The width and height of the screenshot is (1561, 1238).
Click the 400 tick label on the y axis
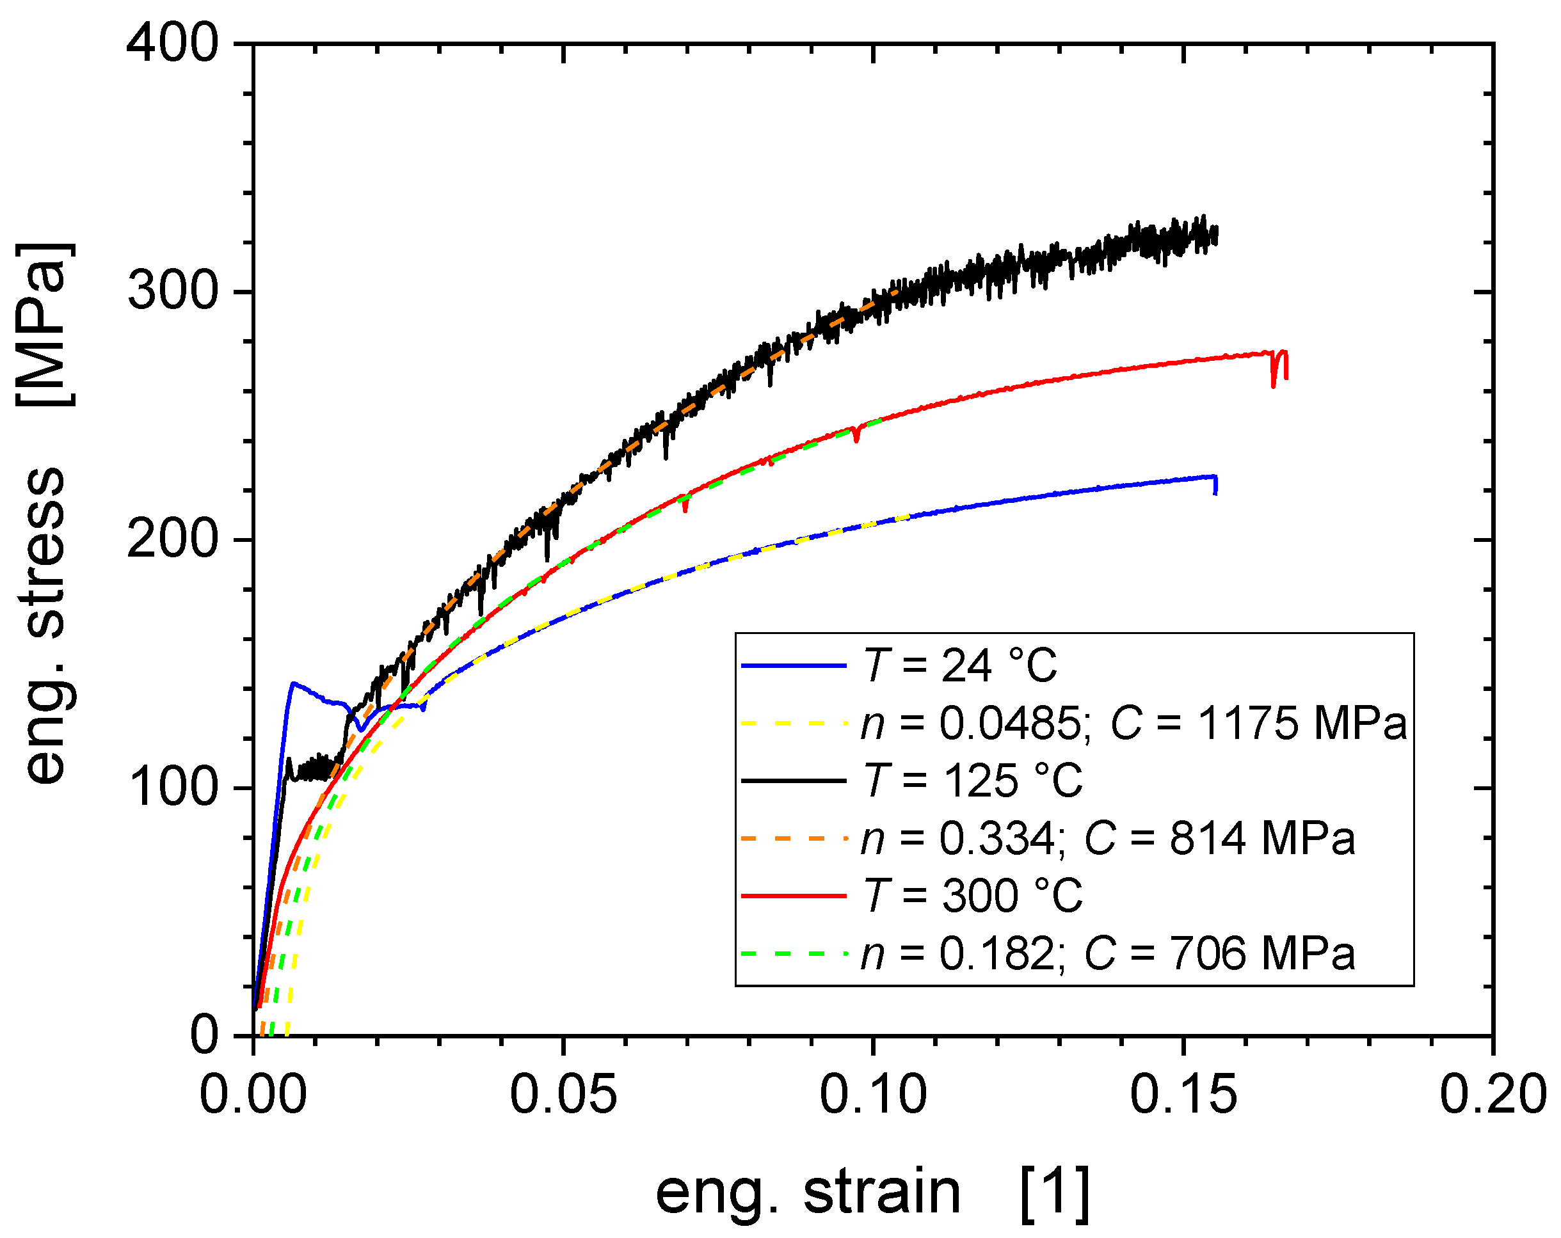pyautogui.click(x=172, y=44)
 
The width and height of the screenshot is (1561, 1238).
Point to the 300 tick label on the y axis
pyautogui.click(x=172, y=292)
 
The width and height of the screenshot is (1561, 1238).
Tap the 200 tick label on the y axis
pyautogui.click(x=172, y=540)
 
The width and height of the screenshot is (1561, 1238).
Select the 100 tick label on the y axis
pyautogui.click(x=172, y=788)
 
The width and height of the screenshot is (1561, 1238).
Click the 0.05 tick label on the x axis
pyautogui.click(x=563, y=1095)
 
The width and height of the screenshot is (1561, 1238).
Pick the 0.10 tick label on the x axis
pyautogui.click(x=873, y=1095)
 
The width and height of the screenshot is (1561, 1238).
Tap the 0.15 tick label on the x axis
pyautogui.click(x=1183, y=1095)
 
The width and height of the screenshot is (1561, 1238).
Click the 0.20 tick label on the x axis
pyautogui.click(x=1491, y=1095)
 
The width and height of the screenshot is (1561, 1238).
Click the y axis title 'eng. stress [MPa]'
pyautogui.click(x=45, y=514)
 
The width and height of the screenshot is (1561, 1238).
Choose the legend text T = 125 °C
pyautogui.click(x=974, y=781)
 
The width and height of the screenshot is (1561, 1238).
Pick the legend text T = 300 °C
pyautogui.click(x=974, y=896)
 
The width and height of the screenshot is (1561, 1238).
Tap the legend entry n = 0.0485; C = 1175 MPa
pyautogui.click(x=1133, y=722)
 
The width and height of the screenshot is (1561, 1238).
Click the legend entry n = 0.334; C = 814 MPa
pyautogui.click(x=1108, y=838)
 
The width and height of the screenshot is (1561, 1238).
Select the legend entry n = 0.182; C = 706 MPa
pyautogui.click(x=1108, y=953)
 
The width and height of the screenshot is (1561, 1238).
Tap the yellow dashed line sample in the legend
pyautogui.click(x=794, y=722)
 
